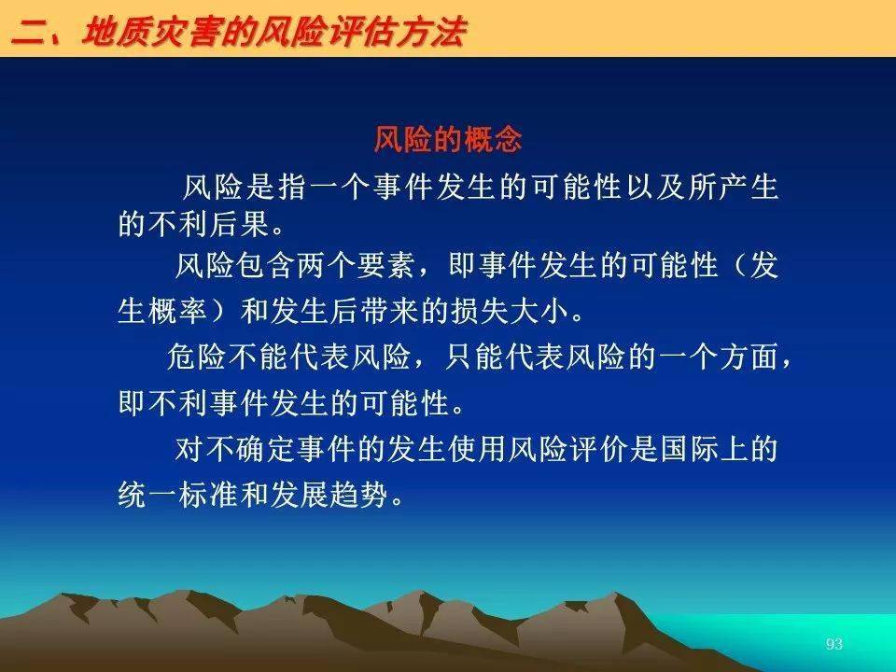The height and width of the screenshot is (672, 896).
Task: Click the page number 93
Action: click(833, 644)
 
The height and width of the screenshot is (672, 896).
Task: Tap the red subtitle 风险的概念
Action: click(448, 139)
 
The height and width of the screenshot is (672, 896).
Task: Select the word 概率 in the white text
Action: click(177, 312)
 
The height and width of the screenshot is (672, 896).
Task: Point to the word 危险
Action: click(197, 357)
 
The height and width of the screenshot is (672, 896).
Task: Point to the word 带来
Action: click(390, 312)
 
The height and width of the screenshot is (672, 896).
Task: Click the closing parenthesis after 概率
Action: click(217, 312)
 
